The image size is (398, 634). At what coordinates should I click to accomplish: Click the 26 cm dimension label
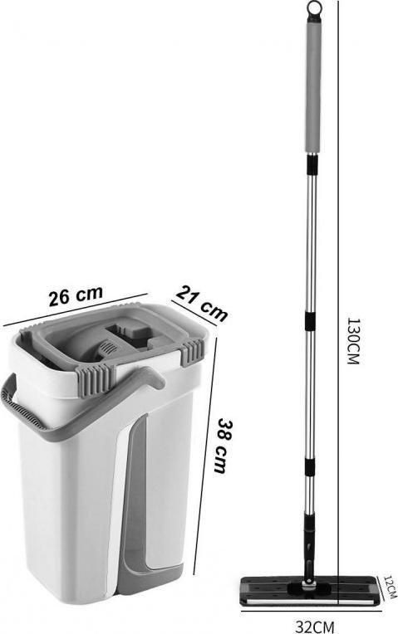[76, 296]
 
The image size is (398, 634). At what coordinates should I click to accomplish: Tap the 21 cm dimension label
[202, 303]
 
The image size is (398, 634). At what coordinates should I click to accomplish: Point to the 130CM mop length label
[353, 341]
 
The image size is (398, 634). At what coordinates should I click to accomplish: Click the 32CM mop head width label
[315, 627]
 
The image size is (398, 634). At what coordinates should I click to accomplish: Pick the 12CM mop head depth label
[389, 587]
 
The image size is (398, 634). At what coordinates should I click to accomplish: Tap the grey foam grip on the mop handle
[314, 88]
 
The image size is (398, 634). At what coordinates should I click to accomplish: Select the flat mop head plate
[311, 590]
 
